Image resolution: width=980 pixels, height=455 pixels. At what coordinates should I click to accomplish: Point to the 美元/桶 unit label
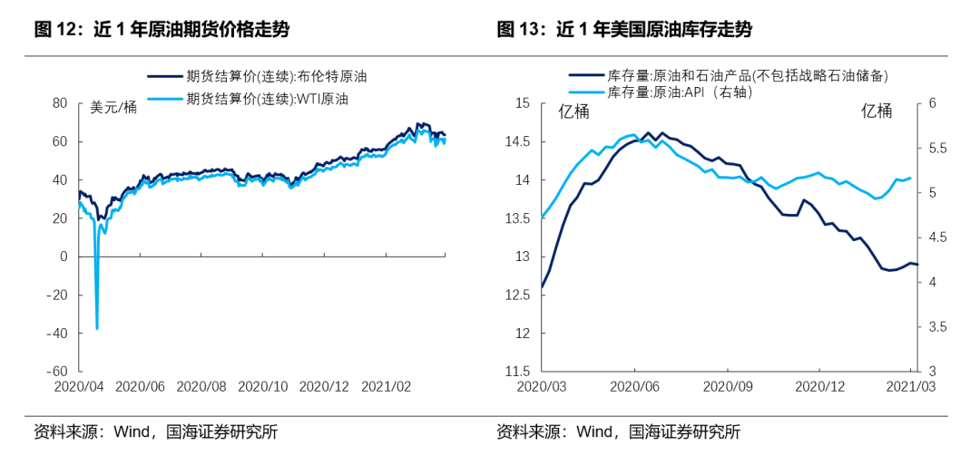pyautogui.click(x=114, y=108)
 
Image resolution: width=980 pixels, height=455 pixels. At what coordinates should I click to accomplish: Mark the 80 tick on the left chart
pyautogui.click(x=60, y=103)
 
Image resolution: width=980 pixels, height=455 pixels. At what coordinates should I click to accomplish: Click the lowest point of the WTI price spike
pyautogui.click(x=97, y=328)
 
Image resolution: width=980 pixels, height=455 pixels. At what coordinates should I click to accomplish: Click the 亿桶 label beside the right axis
pyautogui.click(x=876, y=111)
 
